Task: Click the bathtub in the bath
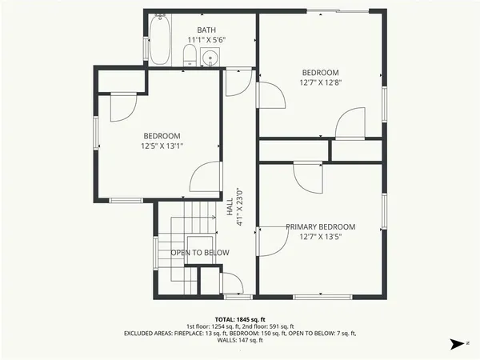point(160,40)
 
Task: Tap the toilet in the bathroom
point(190,54)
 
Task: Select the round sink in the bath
point(211,57)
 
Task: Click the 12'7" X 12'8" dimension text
point(320,82)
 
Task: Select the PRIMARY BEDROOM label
point(320,227)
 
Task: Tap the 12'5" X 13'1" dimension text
point(162,146)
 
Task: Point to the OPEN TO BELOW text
point(200,253)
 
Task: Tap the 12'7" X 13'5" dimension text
point(320,237)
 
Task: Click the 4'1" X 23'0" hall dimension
point(238,207)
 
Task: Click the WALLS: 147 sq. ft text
point(240,341)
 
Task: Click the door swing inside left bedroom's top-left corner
point(120,107)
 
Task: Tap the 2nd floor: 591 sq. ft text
point(268,326)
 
